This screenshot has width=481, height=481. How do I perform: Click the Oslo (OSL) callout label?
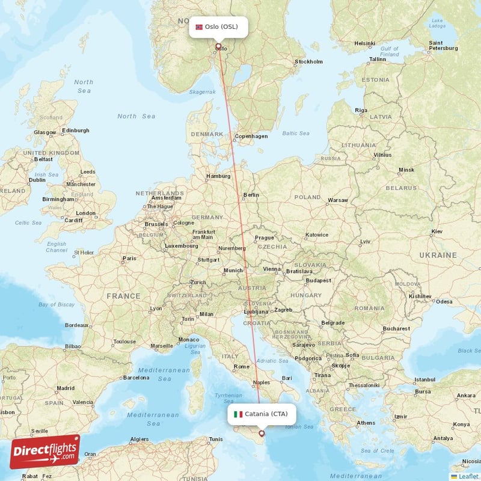(x=218, y=26)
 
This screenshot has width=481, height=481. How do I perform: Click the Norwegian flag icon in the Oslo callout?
(x=200, y=27)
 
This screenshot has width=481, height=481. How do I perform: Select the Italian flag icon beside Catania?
(x=238, y=414)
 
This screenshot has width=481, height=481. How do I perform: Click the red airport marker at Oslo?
(x=218, y=46)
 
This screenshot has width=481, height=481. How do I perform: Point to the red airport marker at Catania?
(x=261, y=433)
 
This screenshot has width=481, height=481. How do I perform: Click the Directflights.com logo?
(x=45, y=452)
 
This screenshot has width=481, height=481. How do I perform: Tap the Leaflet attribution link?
(x=468, y=476)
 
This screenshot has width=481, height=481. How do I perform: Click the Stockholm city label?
(x=309, y=61)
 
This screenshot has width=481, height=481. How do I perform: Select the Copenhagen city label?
(x=252, y=136)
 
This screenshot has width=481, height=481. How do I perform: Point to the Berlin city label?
(x=251, y=195)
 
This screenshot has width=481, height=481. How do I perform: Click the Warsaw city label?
(x=338, y=200)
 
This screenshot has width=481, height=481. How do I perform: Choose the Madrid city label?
(x=65, y=388)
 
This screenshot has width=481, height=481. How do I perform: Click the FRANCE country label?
(x=123, y=296)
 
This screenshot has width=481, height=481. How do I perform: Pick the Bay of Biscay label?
(x=57, y=305)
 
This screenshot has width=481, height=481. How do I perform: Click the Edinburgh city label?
(x=76, y=130)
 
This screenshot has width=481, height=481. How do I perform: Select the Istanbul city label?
(x=424, y=379)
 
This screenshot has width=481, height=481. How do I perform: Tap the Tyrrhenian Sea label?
(x=228, y=398)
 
